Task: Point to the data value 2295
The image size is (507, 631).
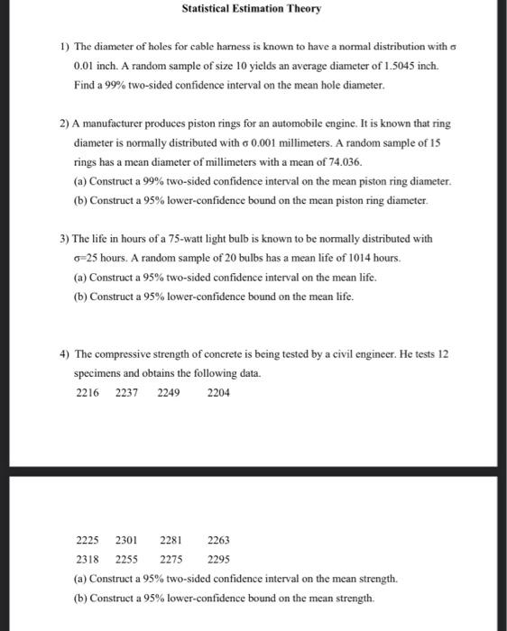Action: click(x=218, y=559)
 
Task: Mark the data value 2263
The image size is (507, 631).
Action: click(x=218, y=541)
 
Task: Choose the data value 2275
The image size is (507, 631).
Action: click(x=171, y=559)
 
